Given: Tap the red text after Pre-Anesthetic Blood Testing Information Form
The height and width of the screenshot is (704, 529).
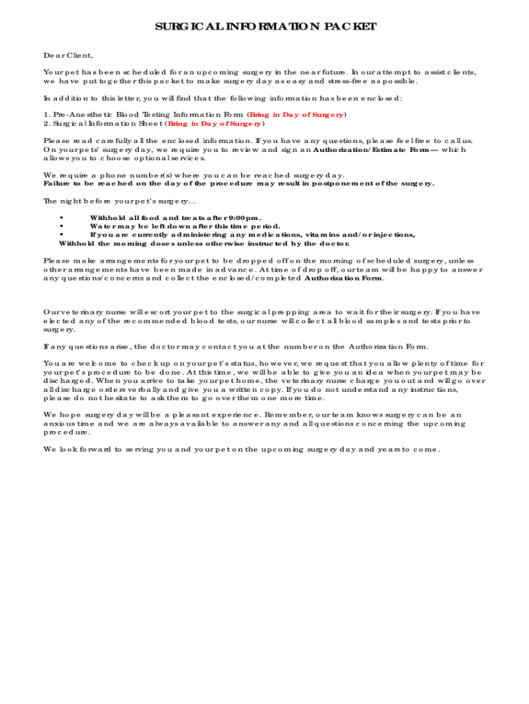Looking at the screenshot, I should pyautogui.click(x=297, y=115).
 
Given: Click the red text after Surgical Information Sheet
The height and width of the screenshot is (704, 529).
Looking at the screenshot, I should pyautogui.click(x=215, y=124).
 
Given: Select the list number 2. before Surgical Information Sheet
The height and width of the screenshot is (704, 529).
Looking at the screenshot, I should pyautogui.click(x=46, y=124).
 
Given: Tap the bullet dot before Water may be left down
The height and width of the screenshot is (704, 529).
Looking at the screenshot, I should pyautogui.click(x=63, y=226).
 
